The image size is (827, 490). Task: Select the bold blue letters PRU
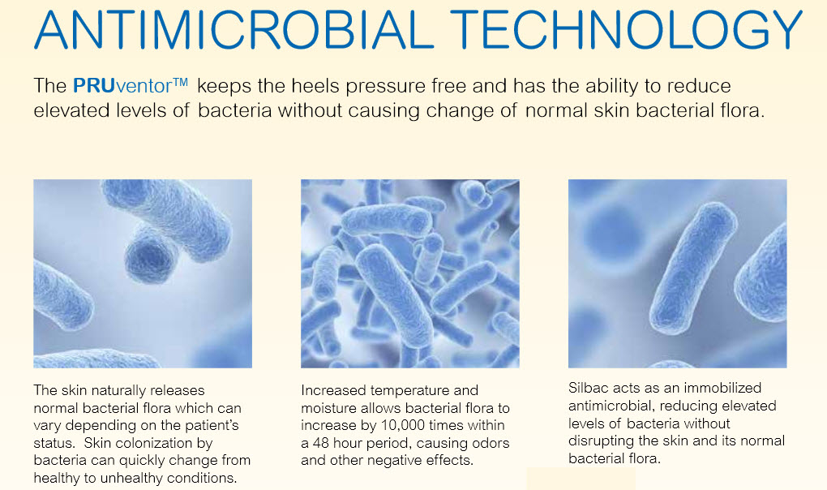pos(94,85)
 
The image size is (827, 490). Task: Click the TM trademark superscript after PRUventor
pos(180,82)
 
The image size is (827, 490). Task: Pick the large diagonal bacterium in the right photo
pos(693,268)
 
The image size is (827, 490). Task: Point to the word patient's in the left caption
pos(214,425)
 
